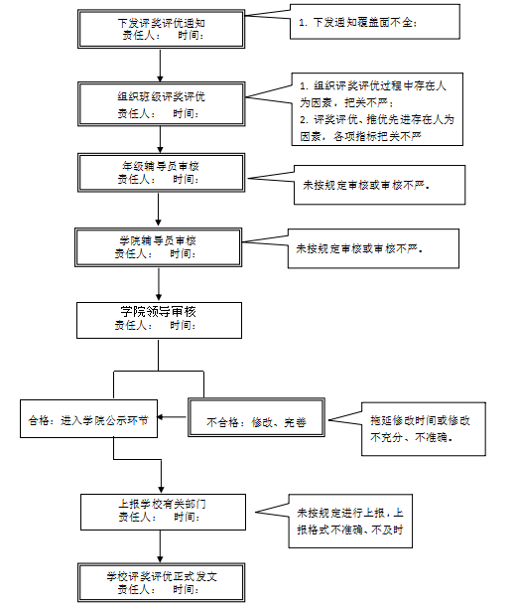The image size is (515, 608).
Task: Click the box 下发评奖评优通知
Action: tap(161, 29)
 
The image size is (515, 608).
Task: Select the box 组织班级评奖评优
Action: tap(161, 104)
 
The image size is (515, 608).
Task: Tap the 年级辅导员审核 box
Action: tap(161, 173)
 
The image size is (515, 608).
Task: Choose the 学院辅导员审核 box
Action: tap(159, 247)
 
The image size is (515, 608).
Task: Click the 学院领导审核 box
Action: tap(159, 320)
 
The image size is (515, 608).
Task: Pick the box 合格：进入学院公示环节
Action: tap(88, 419)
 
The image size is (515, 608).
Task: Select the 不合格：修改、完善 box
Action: tap(256, 417)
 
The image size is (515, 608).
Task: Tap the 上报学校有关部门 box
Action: tap(163, 512)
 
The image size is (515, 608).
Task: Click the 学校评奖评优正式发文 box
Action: tap(161, 582)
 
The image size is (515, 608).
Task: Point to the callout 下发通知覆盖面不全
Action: tap(375, 22)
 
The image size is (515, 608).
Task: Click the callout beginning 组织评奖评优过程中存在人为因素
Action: tap(377, 109)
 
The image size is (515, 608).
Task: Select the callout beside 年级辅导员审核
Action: tap(379, 185)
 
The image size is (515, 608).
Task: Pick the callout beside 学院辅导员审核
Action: tap(373, 248)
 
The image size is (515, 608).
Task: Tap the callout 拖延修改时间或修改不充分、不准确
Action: tap(424, 429)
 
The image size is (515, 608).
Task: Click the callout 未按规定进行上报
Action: tap(350, 521)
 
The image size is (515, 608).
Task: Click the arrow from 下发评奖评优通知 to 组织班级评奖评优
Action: tap(160, 66)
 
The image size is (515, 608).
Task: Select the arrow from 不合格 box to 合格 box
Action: tap(172, 417)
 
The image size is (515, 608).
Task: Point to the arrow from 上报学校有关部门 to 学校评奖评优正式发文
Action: tap(160, 546)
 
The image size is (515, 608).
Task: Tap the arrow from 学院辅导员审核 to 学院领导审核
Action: tap(159, 284)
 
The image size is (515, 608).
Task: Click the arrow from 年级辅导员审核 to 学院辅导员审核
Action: tap(158, 209)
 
